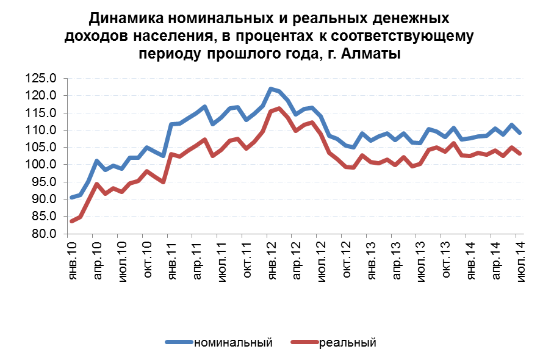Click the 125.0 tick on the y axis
[x=41, y=79]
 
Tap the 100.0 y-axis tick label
[x=41, y=165]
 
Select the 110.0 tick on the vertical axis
[x=41, y=131]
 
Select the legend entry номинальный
[x=232, y=342]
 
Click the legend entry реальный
[x=347, y=342]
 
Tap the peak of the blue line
[x=271, y=89]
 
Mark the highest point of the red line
[x=279, y=109]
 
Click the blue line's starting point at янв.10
[x=72, y=197]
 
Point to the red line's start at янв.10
[x=72, y=221]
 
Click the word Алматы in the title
[x=369, y=53]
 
